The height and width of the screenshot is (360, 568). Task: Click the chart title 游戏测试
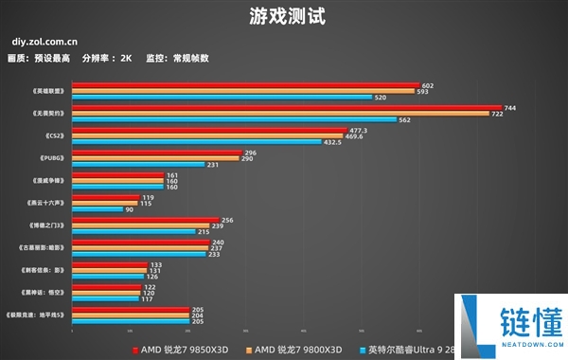(283, 17)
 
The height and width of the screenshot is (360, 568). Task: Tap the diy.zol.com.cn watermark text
(45, 43)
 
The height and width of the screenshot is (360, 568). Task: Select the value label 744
(510, 108)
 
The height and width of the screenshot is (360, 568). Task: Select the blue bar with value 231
(138, 165)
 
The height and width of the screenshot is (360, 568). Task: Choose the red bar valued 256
(145, 220)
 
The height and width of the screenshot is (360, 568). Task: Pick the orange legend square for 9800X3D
(251, 350)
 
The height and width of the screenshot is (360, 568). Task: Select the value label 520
(380, 98)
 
